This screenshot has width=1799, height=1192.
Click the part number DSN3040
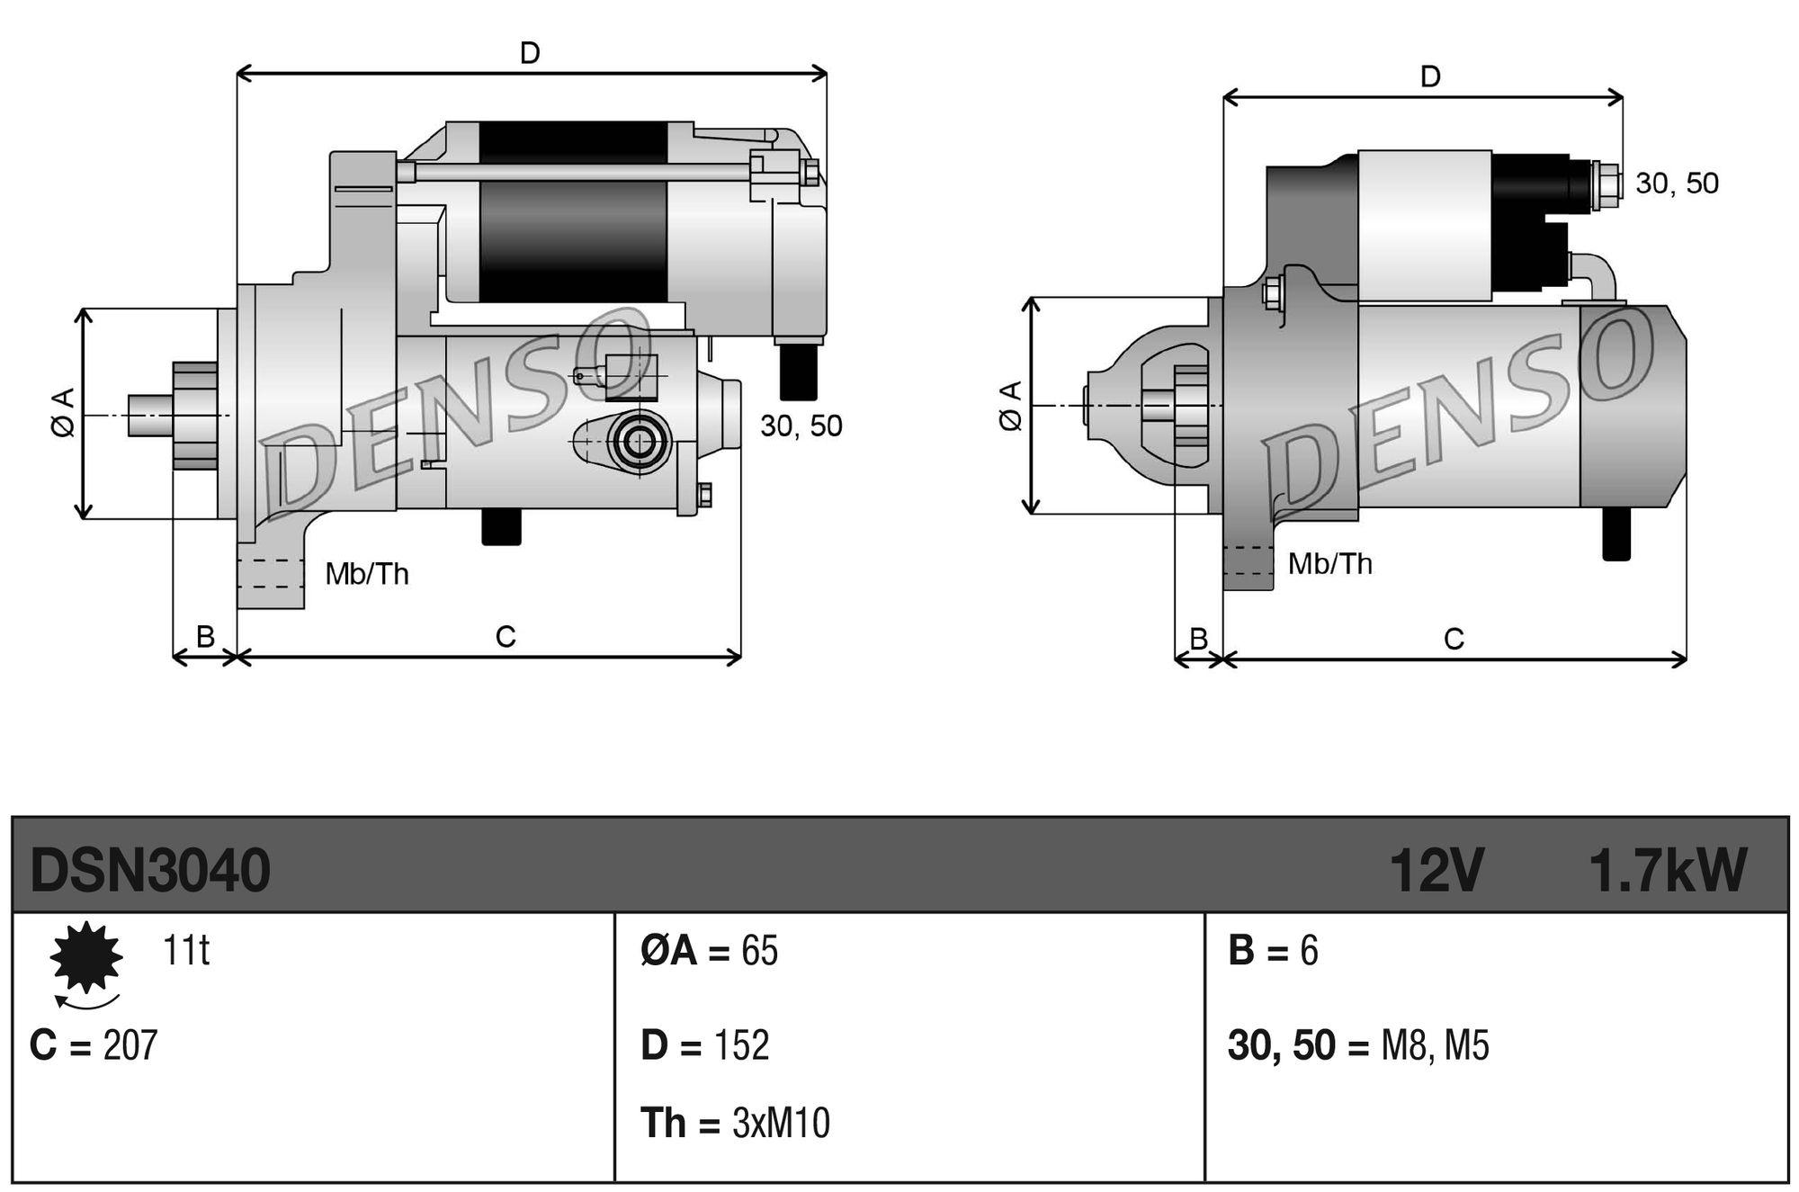tap(150, 871)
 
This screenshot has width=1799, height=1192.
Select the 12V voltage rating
tap(1436, 871)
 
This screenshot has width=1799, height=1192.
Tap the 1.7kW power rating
tap(1668, 871)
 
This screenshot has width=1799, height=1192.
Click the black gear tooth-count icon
tap(86, 957)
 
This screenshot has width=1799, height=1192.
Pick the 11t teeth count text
tap(186, 951)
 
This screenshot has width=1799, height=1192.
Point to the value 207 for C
tap(130, 1045)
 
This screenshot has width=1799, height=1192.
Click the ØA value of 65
tap(759, 951)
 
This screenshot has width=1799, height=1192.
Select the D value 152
tap(741, 1045)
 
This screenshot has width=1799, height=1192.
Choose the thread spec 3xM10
tap(781, 1124)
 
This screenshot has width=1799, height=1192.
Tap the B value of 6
tap(1309, 951)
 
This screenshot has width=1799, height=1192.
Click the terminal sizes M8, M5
tap(1435, 1046)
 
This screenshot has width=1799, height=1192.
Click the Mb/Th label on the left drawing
tap(367, 574)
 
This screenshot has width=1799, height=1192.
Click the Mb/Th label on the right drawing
tap(1329, 564)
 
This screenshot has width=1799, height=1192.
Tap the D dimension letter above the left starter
tap(530, 54)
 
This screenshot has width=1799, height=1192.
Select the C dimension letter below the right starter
tap(1454, 640)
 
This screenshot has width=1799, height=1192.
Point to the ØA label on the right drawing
tap(1011, 407)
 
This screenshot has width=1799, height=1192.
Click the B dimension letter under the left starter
tap(205, 637)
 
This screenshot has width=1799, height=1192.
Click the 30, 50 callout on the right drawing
tap(1677, 184)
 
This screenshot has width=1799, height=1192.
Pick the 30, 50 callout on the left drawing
tap(801, 426)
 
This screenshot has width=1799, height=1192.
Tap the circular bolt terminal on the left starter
tap(640, 442)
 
